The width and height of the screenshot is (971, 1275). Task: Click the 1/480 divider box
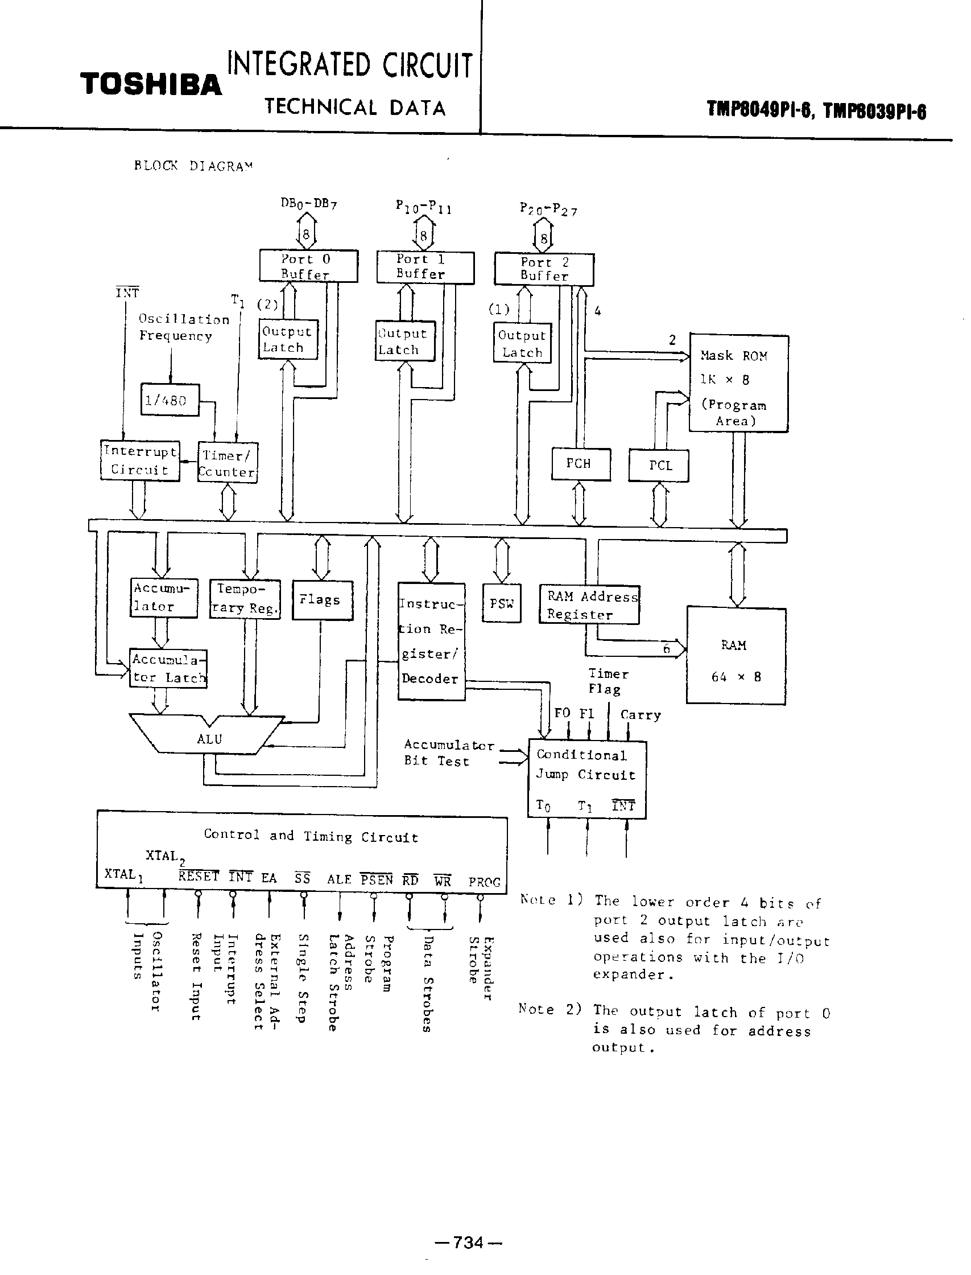[170, 400]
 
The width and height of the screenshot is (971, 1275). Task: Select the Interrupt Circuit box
[139, 460]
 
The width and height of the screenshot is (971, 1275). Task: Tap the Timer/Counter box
[227, 463]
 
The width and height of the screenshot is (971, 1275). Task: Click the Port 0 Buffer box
[308, 266]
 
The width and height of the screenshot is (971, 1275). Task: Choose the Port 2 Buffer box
[544, 269]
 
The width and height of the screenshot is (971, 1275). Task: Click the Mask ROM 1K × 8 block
[738, 384]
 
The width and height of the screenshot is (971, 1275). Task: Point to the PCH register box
[580, 464]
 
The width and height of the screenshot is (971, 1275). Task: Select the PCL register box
[658, 466]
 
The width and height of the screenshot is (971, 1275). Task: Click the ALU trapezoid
[208, 738]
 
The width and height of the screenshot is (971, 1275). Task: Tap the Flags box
[322, 600]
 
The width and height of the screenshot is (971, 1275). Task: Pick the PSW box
[501, 604]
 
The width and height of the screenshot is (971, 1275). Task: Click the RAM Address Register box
[589, 605]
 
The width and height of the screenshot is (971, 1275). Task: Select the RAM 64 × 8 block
[735, 656]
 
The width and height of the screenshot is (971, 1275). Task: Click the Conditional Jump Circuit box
[586, 779]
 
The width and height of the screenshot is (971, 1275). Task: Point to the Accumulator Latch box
[168, 668]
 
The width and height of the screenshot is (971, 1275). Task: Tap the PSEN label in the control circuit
[376, 879]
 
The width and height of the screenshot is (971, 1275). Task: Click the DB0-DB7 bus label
[308, 204]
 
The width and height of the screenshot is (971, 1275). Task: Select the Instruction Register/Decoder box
[431, 641]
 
